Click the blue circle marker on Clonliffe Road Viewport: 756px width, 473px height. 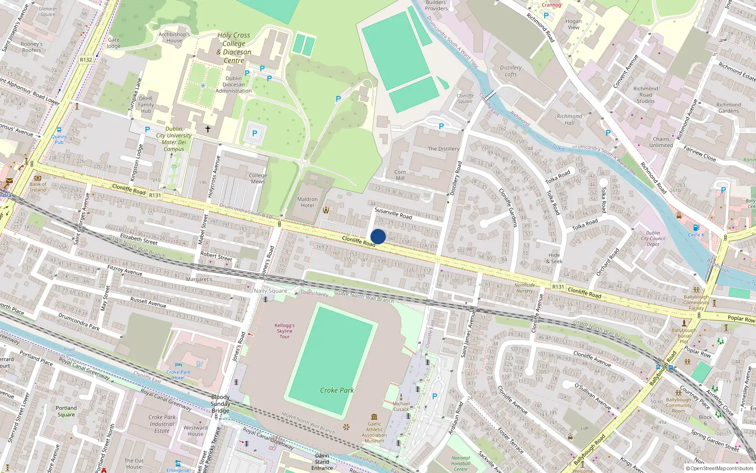(378, 236)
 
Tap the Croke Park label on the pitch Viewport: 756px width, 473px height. (337, 390)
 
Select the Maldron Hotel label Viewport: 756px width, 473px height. (307, 202)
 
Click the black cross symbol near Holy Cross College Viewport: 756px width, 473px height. (207, 129)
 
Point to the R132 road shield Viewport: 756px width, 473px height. (86, 60)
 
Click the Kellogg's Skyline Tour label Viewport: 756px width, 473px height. (284, 331)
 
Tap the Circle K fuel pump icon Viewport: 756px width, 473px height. (696, 228)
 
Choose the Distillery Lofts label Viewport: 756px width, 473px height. (511, 71)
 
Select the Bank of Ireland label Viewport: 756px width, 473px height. (38, 187)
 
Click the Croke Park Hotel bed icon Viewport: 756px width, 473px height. (178, 365)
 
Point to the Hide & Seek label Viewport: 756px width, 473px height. (554, 258)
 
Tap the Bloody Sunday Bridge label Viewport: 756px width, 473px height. (220, 403)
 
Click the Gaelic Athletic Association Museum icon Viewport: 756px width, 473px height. (374, 417)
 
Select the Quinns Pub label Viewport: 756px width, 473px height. (59, 139)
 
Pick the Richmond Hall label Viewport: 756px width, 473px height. (569, 119)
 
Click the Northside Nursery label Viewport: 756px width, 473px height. (524, 288)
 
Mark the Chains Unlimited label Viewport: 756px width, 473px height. (661, 142)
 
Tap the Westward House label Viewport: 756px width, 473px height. (195, 430)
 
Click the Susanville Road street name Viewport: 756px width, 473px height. (393, 213)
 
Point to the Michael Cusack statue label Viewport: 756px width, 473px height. (401, 406)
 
